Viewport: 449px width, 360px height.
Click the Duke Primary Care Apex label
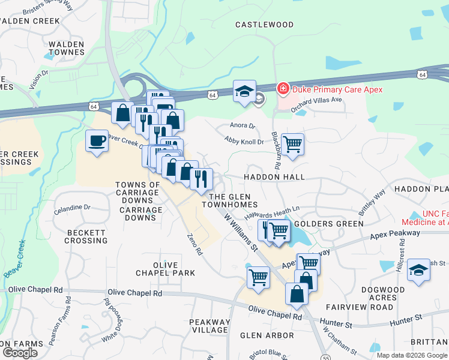[x=337, y=89]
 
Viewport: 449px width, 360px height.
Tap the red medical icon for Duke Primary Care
[x=282, y=89]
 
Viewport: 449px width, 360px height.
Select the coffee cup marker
[x=97, y=142]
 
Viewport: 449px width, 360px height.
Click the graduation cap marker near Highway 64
[x=244, y=91]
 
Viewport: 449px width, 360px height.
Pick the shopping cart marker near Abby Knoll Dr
[x=292, y=144]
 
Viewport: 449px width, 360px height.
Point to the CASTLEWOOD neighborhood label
[x=265, y=25]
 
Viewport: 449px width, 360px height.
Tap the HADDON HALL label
[x=274, y=178]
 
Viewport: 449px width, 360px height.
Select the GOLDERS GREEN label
[x=338, y=224]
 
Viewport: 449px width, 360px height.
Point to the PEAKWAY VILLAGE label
[x=209, y=326]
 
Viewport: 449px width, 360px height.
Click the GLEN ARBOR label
[x=268, y=335]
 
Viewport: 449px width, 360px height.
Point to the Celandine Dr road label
[x=71, y=207]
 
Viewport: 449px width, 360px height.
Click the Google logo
[x=20, y=353]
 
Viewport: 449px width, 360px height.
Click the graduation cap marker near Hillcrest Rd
[x=418, y=271]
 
